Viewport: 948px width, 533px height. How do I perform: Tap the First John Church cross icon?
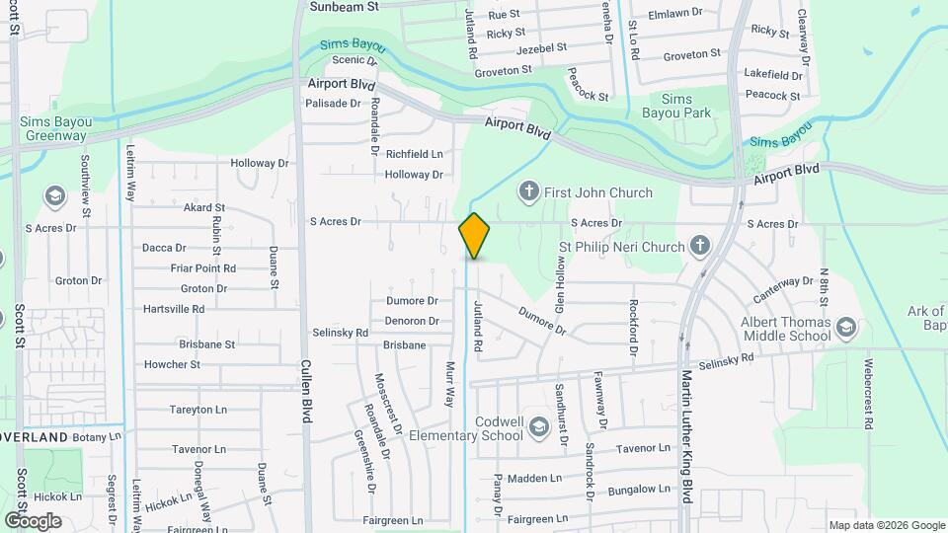pyautogui.click(x=528, y=192)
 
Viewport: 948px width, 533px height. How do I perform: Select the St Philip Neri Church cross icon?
pyautogui.click(x=700, y=245)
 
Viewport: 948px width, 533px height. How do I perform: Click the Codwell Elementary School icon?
pyautogui.click(x=538, y=427)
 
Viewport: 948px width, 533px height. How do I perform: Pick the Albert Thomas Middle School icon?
pyautogui.click(x=845, y=327)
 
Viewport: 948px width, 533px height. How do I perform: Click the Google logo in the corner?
pyautogui.click(x=32, y=520)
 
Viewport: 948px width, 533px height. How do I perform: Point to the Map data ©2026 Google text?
pyautogui.click(x=886, y=525)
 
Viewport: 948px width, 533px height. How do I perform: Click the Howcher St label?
pyautogui.click(x=172, y=364)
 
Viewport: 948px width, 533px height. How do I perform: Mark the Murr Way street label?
pyautogui.click(x=450, y=384)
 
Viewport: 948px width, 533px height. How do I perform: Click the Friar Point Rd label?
pyautogui.click(x=202, y=267)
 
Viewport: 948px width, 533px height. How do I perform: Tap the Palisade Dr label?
pyautogui.click(x=333, y=103)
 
